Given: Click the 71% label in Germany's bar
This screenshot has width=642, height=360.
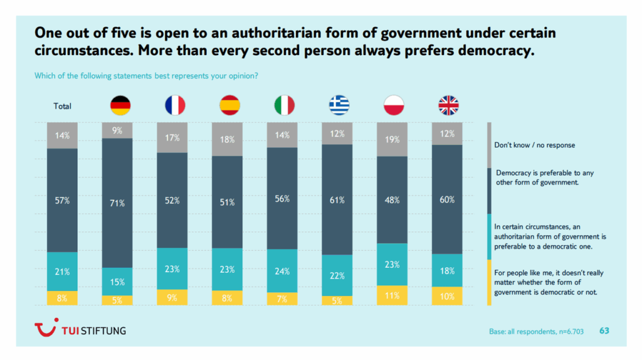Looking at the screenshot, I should coord(117,203).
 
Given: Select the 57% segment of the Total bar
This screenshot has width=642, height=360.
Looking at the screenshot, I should coord(62,201).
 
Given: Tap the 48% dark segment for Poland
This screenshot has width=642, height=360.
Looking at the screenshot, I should coord(392,200).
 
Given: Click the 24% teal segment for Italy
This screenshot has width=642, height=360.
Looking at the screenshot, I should coord(283,270).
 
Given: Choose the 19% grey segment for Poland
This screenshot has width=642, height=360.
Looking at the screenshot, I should coord(392,139).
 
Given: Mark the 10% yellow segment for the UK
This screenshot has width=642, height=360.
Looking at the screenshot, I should coord(448,296).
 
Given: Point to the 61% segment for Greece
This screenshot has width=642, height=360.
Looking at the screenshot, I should coord(338,200).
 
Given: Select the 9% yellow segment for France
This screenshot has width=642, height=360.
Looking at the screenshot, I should coord(172,297).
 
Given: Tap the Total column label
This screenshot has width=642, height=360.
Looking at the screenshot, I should coord(62,106).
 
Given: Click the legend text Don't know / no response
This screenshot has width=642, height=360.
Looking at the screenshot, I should coord(534,145).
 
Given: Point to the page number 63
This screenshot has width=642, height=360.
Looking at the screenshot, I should coord(604,331).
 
